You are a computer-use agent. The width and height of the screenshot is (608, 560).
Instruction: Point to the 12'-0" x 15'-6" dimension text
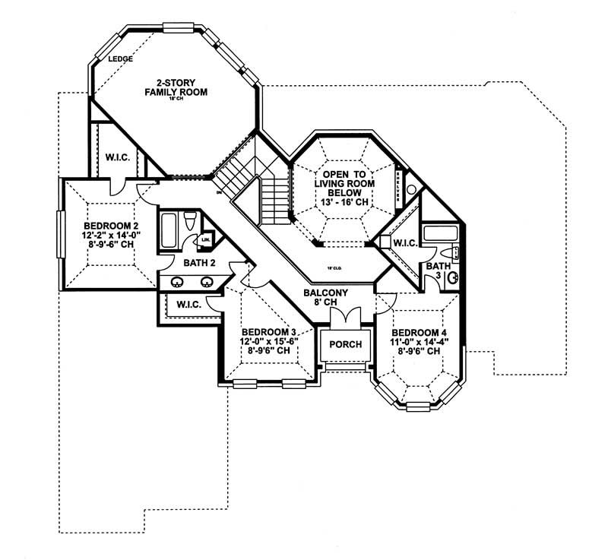[x=268, y=342]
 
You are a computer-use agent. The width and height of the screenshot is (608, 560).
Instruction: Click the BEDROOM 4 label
[x=417, y=333]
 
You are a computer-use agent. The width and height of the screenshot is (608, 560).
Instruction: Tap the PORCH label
[x=344, y=344]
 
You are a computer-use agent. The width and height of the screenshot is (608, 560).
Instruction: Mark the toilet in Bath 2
[x=192, y=223]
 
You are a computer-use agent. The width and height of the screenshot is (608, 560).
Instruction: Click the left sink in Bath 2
[x=177, y=282]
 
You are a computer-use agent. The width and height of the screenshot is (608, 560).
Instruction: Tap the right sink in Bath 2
[x=206, y=282]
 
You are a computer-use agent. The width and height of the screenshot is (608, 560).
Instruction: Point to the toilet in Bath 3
[x=455, y=252]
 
